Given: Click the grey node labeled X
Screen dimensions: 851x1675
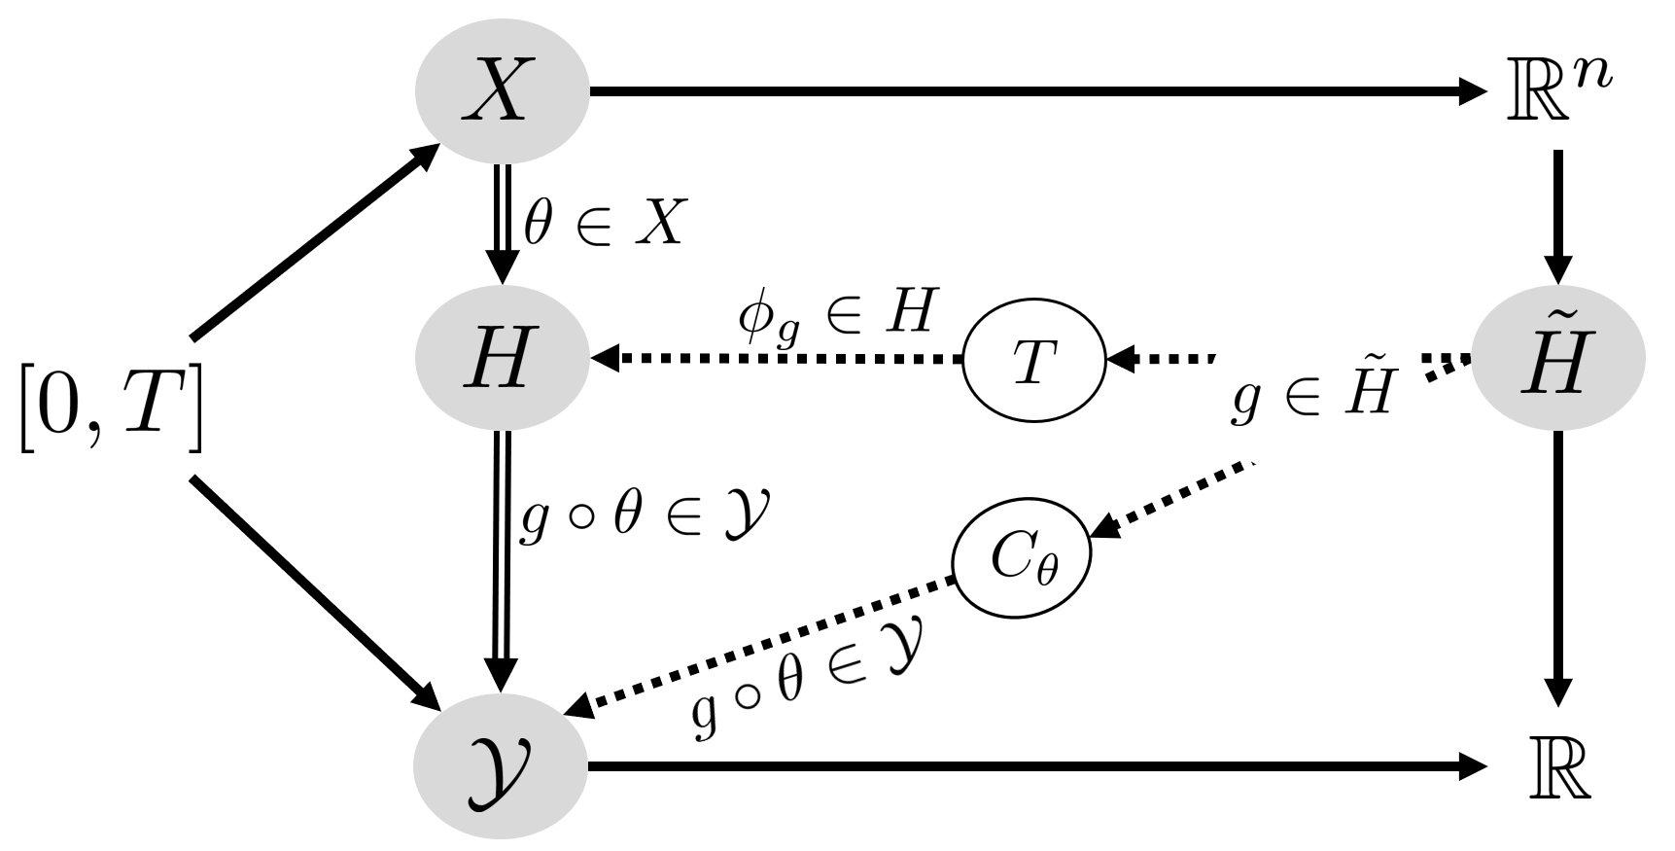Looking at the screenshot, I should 501,91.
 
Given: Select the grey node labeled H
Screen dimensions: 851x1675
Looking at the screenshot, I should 501,359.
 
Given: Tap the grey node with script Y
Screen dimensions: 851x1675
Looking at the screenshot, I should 501,768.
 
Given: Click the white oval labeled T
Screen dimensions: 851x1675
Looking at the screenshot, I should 1034,361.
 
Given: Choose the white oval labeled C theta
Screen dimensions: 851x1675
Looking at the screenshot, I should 1022,560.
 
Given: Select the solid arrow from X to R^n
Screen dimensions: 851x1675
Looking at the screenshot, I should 1035,91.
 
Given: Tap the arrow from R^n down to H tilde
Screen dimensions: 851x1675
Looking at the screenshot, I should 1558,214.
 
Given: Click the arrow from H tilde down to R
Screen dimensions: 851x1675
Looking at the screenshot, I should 1558,569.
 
